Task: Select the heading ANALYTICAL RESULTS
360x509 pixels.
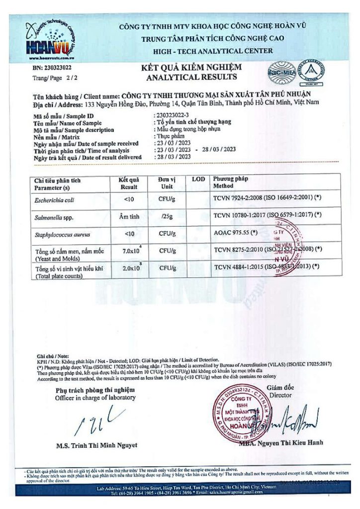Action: pos(191,77)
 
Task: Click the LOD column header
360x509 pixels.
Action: pos(197,178)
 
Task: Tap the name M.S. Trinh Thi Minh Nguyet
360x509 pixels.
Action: pos(97,445)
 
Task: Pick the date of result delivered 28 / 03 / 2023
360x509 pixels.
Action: pos(171,157)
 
